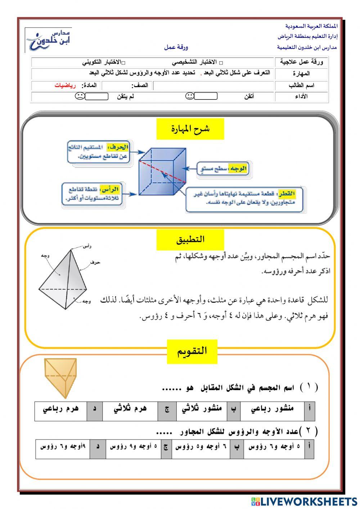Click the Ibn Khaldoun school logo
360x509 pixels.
(x=49, y=40)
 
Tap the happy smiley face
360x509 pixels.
(x=189, y=96)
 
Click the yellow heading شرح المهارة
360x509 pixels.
(x=190, y=129)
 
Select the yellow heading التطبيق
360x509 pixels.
(x=190, y=240)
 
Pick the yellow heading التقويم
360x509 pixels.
(x=192, y=351)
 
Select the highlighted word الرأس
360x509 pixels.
(x=111, y=189)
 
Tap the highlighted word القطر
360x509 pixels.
(x=287, y=194)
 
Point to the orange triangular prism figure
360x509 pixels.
(x=60, y=376)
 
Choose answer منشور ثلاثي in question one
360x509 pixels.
(x=202, y=408)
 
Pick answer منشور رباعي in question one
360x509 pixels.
(x=272, y=408)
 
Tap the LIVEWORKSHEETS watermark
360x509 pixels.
(x=304, y=501)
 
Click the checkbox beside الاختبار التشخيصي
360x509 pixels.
(x=221, y=63)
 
